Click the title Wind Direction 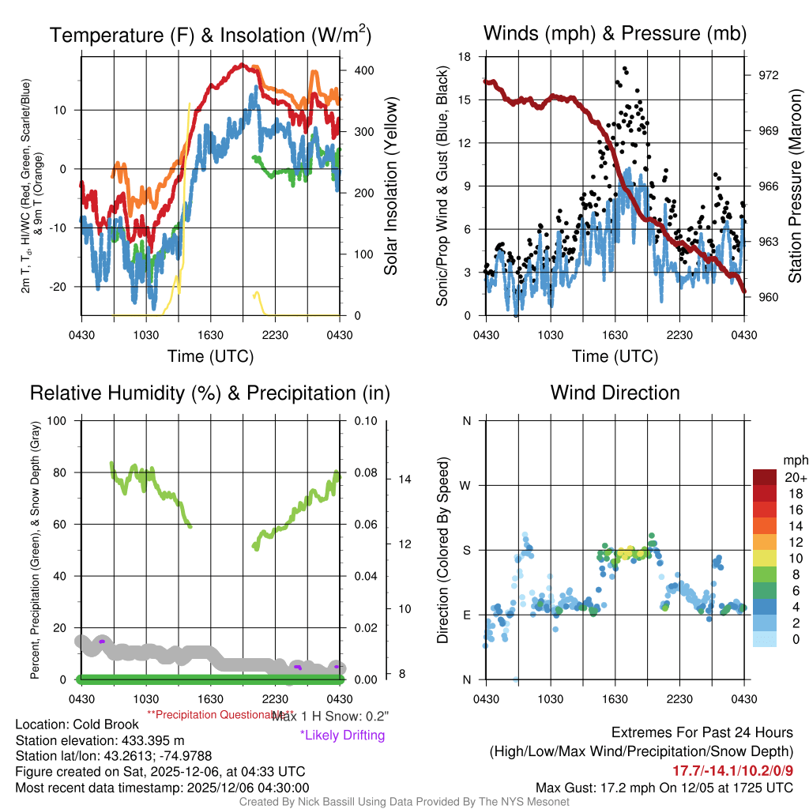point(615,393)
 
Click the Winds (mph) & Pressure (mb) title point(615,33)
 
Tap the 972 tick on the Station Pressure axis point(769,75)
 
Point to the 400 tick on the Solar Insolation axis point(363,70)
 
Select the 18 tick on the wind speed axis point(465,57)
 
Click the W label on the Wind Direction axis point(466,485)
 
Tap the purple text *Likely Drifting point(342,735)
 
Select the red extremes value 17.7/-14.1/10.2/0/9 point(732,770)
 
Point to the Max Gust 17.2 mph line point(664,788)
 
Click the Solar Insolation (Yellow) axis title point(390,186)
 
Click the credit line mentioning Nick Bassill point(404,802)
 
